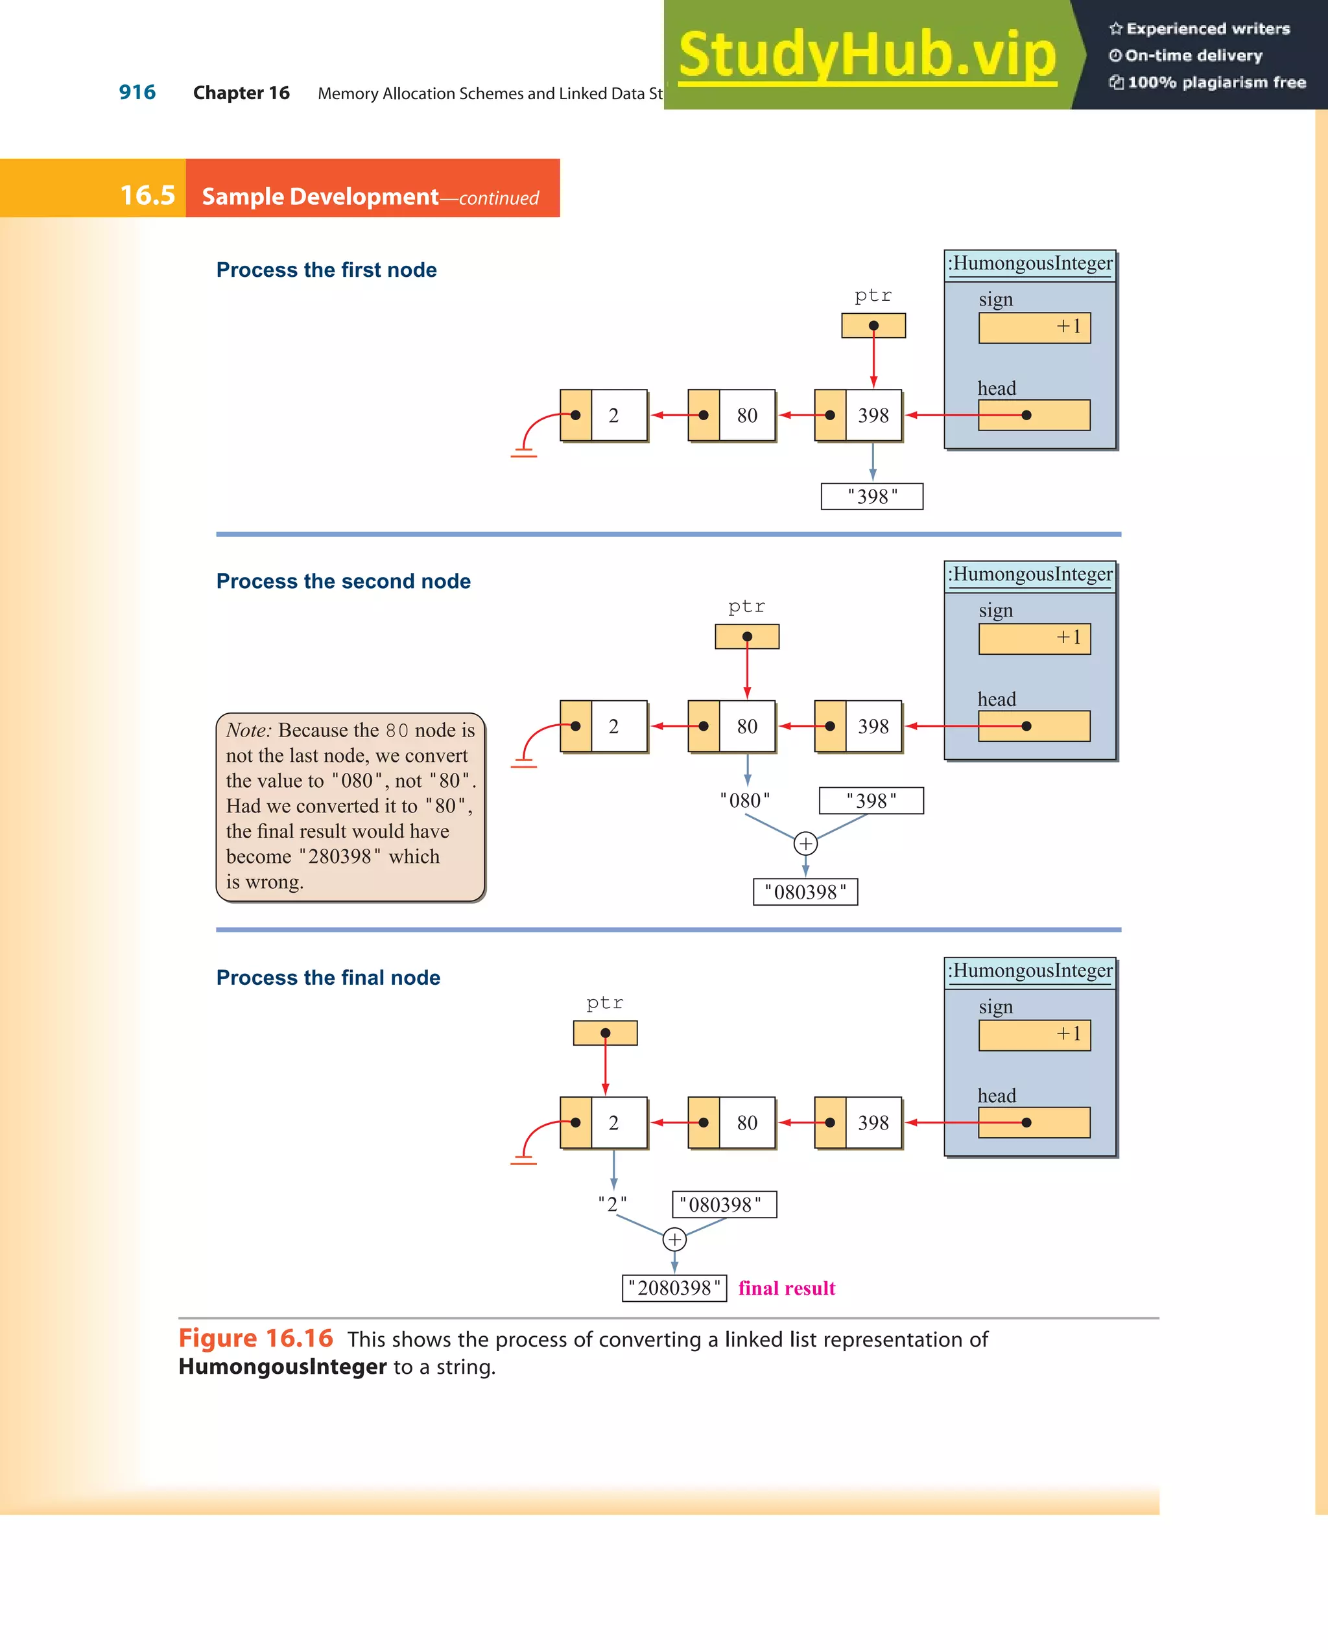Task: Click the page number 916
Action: coord(137,93)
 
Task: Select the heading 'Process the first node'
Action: coord(326,270)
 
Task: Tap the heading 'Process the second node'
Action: coord(343,582)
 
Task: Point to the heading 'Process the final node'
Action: coord(327,978)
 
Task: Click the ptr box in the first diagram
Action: coord(873,326)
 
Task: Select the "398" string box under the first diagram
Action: coord(871,497)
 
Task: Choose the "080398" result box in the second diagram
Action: coord(805,892)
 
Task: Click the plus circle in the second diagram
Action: coord(805,844)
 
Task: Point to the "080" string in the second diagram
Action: coord(745,801)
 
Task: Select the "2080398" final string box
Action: coord(674,1289)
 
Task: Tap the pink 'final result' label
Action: coord(786,1289)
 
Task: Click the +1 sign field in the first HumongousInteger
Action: coord(1034,327)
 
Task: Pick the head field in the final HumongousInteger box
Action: coord(1034,1123)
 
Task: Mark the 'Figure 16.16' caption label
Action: coord(255,1339)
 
